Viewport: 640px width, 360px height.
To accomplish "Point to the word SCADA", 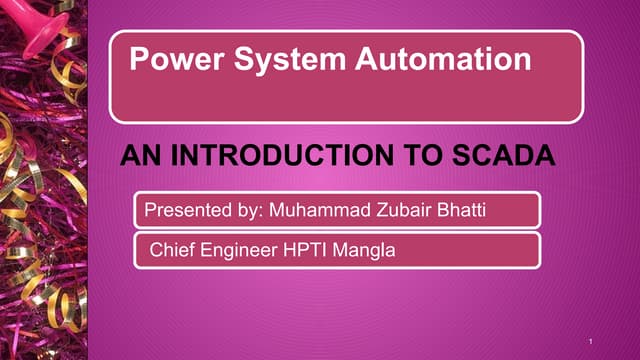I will (x=504, y=156).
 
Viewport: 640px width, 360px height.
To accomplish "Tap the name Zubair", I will (x=416, y=210).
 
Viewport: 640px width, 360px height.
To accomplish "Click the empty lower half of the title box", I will (x=345, y=100).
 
